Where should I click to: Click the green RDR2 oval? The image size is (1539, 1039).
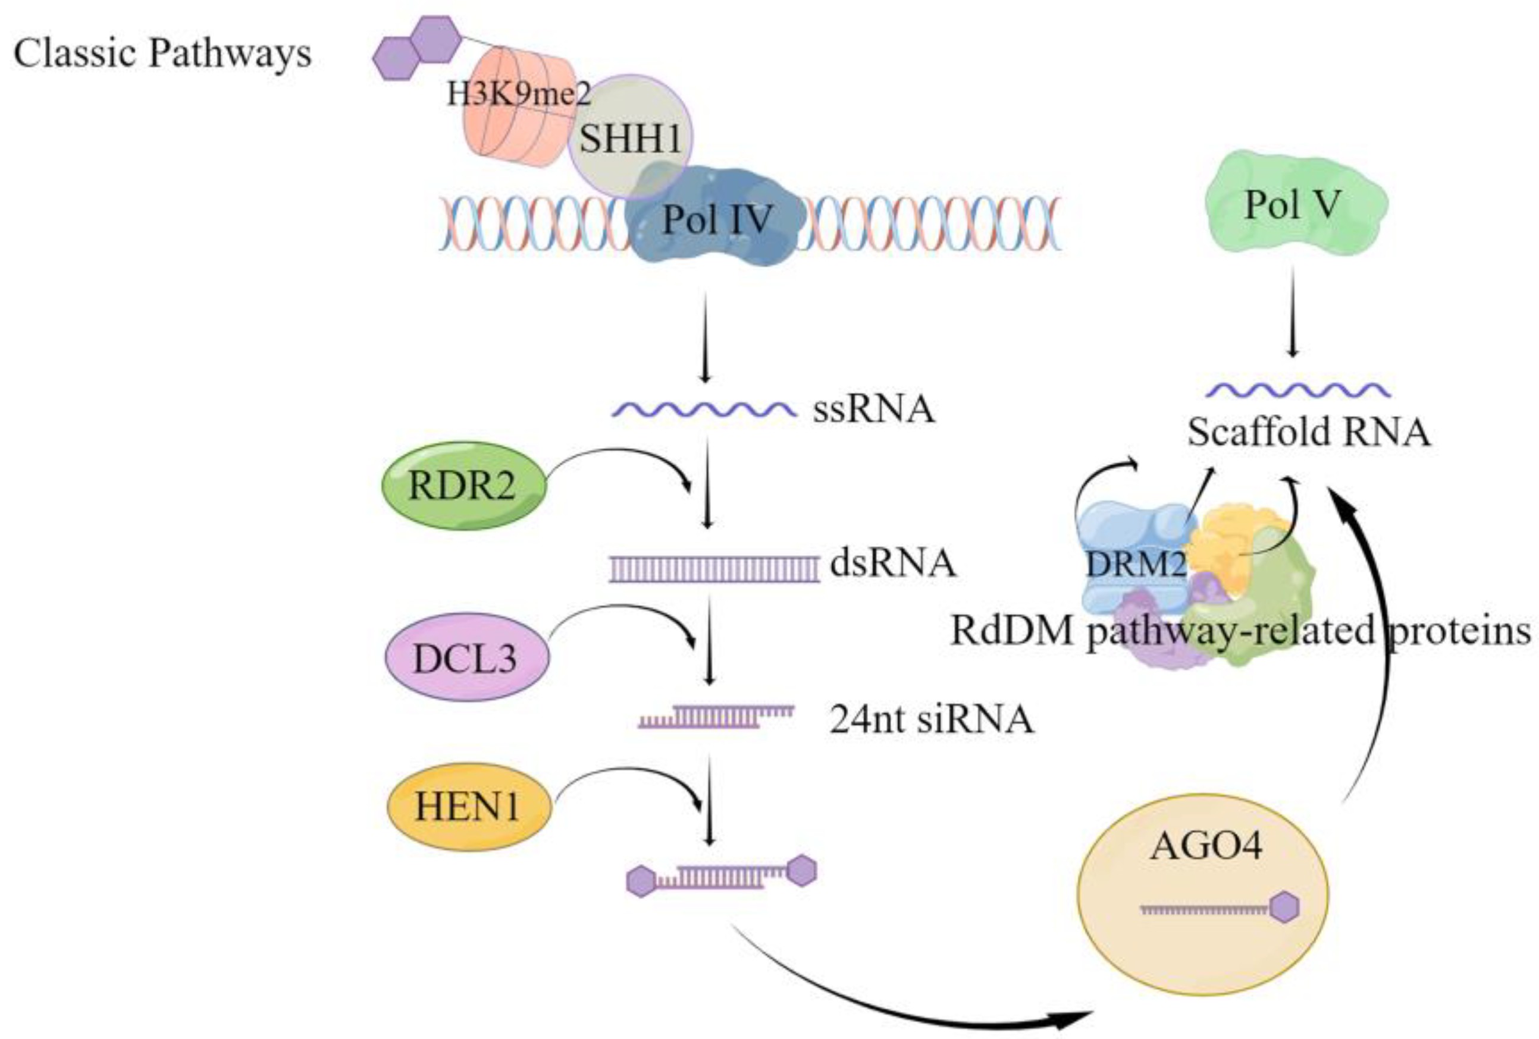[x=463, y=486]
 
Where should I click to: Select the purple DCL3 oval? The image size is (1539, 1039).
[x=466, y=657]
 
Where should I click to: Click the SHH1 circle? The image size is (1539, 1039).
[x=630, y=138]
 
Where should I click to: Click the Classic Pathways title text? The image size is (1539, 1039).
[x=162, y=53]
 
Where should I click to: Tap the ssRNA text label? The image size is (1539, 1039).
[x=873, y=409]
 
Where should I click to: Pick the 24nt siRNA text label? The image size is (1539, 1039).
[x=930, y=719]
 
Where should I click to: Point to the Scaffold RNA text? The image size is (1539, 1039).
[x=1309, y=432]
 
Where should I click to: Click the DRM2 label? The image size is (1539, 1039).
[x=1136, y=564]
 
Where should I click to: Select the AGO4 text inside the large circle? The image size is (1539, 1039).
[x=1206, y=846]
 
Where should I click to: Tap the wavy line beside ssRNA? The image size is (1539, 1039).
[x=703, y=410]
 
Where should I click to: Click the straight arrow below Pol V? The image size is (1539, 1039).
[x=1292, y=311]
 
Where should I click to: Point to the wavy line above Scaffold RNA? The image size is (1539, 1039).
[x=1297, y=390]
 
